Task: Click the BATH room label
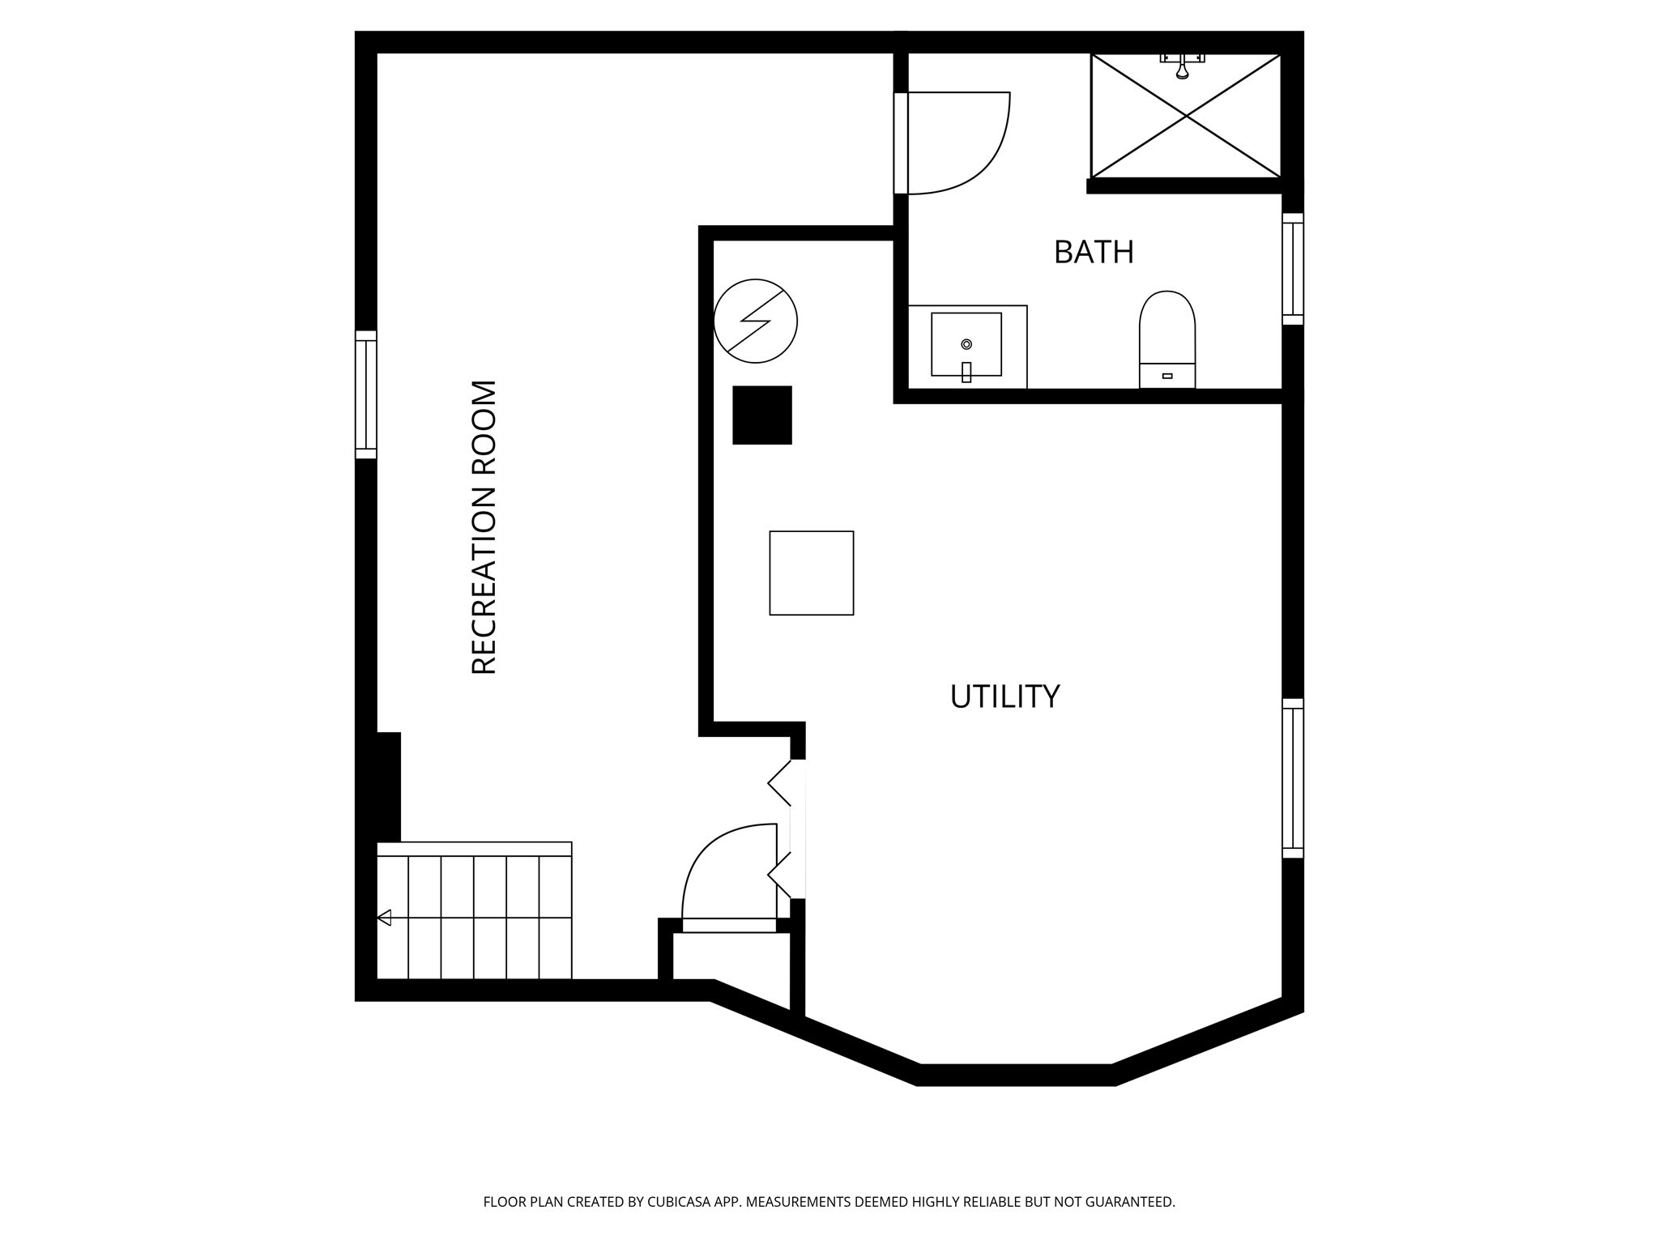1093,253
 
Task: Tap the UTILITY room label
1004,697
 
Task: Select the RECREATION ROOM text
484,527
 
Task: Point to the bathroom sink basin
966,344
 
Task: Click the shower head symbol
1183,68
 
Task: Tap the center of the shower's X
1186,116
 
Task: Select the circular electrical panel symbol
755,321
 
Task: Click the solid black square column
761,415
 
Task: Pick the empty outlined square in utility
811,573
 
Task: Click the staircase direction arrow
385,918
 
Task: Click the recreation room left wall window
366,394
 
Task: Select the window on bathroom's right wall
1292,269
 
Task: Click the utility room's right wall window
1292,777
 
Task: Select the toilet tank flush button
1167,376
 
